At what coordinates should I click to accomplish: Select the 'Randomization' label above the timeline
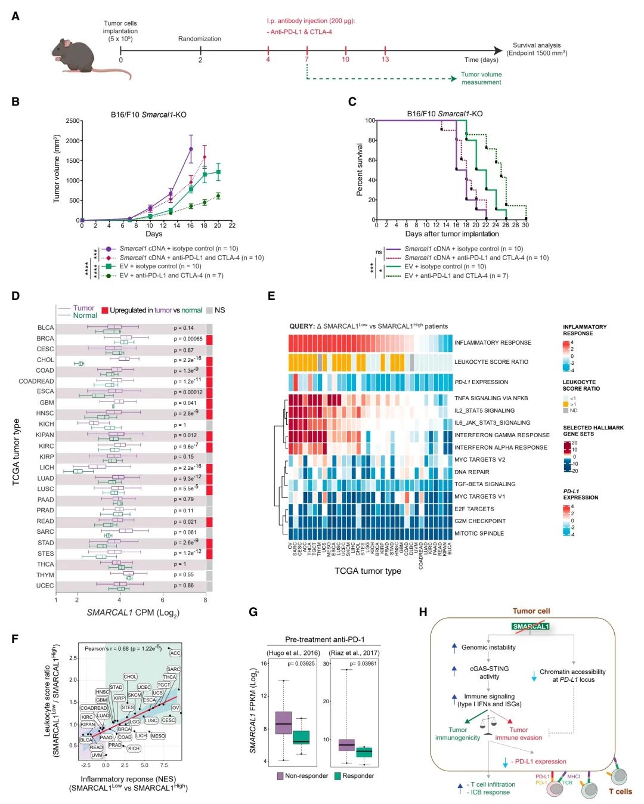(199, 39)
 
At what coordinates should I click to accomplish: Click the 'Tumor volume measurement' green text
(481, 78)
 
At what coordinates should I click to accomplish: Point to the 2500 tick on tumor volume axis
(73, 121)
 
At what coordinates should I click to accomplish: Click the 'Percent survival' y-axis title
(360, 169)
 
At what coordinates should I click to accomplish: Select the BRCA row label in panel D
(45, 339)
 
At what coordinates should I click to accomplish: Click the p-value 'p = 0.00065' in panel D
(188, 339)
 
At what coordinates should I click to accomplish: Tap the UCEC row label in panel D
(45, 586)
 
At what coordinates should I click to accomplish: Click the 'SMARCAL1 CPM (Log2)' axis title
(133, 613)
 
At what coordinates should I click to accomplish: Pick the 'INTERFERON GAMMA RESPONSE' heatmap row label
(501, 435)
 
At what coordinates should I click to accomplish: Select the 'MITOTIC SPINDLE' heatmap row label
(479, 534)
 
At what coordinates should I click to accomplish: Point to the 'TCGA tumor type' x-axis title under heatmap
(367, 571)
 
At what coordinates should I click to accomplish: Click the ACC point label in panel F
(175, 653)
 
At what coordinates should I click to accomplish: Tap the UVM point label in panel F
(97, 755)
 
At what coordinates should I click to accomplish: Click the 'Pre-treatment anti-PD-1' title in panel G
(324, 639)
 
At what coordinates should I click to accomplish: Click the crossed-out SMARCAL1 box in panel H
(530, 626)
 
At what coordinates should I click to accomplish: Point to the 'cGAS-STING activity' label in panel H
(489, 673)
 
